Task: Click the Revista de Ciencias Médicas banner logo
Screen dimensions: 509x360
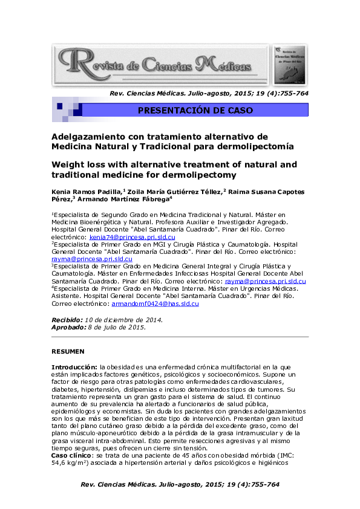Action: click(160, 63)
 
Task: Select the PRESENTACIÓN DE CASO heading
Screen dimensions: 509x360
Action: click(195, 111)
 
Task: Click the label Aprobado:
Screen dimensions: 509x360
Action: click(68, 326)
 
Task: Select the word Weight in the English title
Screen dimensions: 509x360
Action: click(67, 164)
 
